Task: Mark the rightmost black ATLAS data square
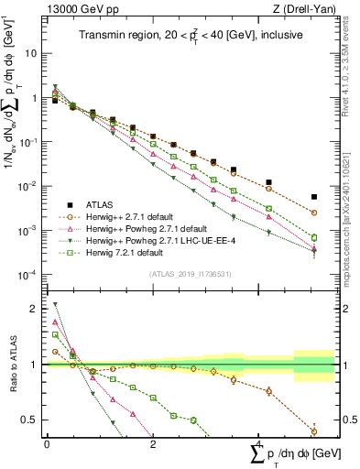click(x=314, y=196)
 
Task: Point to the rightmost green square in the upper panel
click(x=314, y=238)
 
